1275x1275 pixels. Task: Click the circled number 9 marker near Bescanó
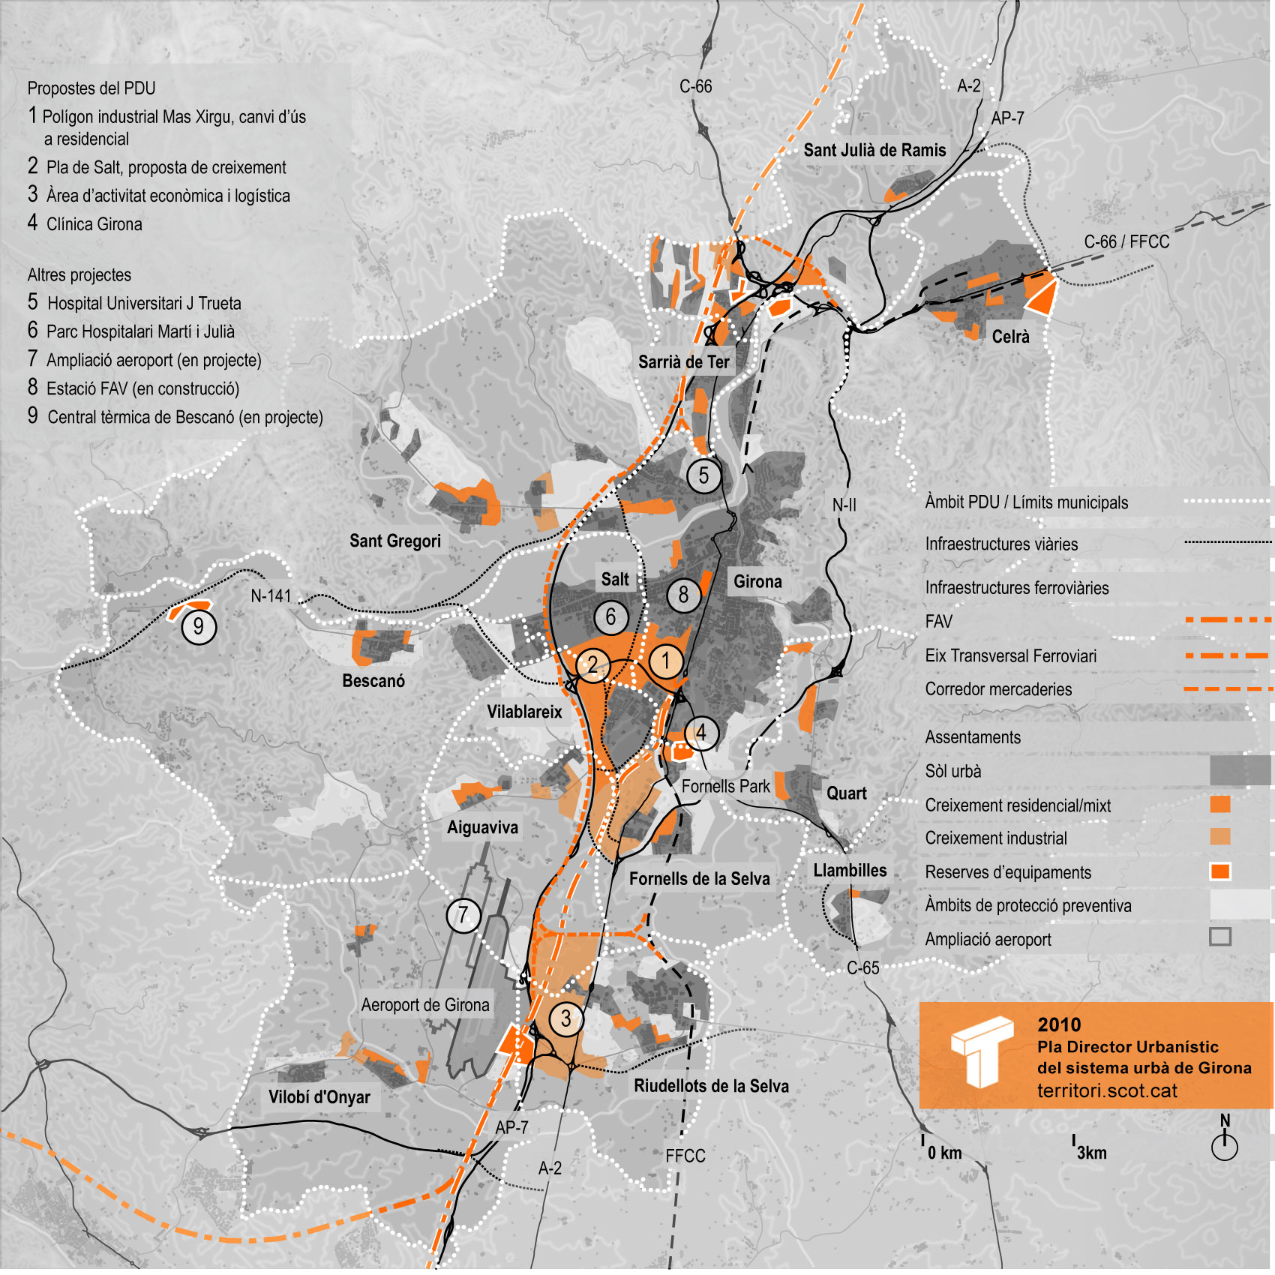(199, 626)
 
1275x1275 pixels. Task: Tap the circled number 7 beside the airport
(463, 915)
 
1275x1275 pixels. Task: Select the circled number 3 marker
(565, 1018)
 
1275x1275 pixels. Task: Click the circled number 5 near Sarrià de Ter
(703, 475)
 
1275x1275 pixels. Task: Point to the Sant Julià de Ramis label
(874, 150)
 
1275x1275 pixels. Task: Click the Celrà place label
(1010, 337)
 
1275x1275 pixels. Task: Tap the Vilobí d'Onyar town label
(319, 1097)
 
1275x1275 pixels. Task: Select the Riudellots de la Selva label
(711, 1086)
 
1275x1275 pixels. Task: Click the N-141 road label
(271, 596)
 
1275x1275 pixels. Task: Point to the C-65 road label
(862, 968)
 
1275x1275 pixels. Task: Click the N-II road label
(844, 505)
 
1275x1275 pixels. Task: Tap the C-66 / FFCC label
(1126, 242)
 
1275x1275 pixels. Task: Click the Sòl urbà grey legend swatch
(1240, 770)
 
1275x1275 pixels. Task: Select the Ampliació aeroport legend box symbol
(1220, 937)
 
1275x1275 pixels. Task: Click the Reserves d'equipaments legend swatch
(1220, 871)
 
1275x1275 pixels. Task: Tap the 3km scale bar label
(1091, 1153)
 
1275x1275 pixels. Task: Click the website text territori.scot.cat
(1106, 1091)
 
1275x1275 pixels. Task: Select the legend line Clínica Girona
(94, 224)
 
